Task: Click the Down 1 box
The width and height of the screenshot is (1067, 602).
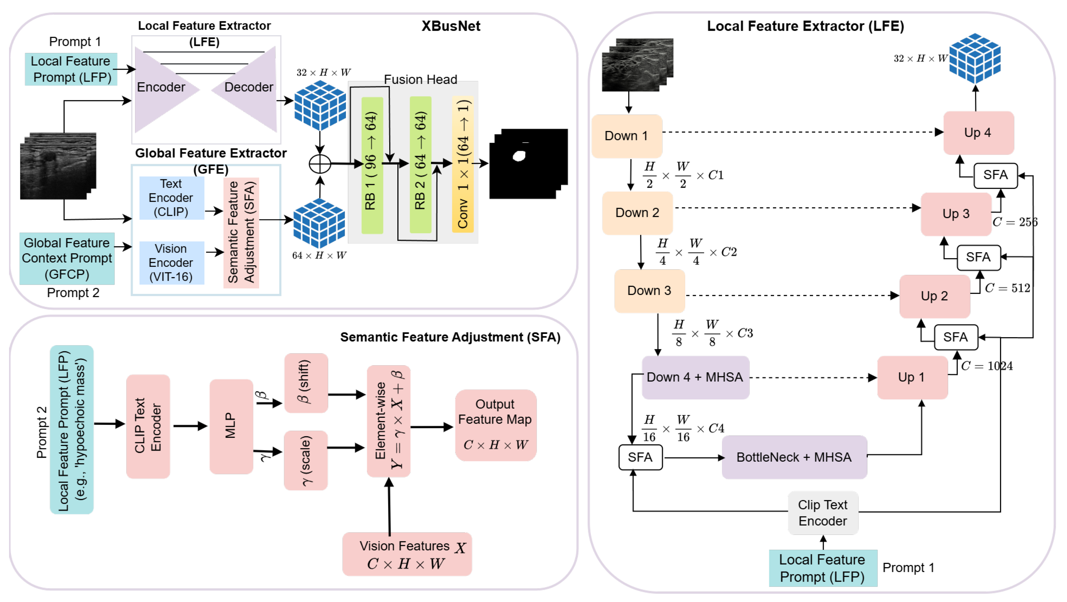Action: (626, 136)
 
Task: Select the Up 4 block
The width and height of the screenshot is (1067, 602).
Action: (978, 132)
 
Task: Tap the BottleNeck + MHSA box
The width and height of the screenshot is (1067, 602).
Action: (794, 457)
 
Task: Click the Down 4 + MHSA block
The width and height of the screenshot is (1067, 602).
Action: (695, 377)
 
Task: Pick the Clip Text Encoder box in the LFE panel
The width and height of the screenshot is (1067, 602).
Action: (822, 513)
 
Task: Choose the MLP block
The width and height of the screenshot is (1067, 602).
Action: (231, 426)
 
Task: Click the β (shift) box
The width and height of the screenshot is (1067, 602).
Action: (306, 383)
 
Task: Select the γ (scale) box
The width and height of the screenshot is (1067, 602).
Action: (306, 460)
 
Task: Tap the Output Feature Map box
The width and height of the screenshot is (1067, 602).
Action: (496, 425)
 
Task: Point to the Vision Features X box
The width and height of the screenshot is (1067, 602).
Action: (407, 554)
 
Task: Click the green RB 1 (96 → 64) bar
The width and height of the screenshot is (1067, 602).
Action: (372, 166)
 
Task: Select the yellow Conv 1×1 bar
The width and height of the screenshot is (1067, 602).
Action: (463, 164)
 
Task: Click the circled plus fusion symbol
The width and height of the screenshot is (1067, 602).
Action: (320, 164)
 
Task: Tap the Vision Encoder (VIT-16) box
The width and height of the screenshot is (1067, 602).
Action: (172, 263)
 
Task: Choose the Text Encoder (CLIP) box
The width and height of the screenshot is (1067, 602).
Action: (172, 198)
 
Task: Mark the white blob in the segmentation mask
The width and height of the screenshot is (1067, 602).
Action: (519, 156)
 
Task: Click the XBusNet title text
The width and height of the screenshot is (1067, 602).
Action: (451, 26)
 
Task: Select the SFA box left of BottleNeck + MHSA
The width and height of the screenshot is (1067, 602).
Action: (640, 457)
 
